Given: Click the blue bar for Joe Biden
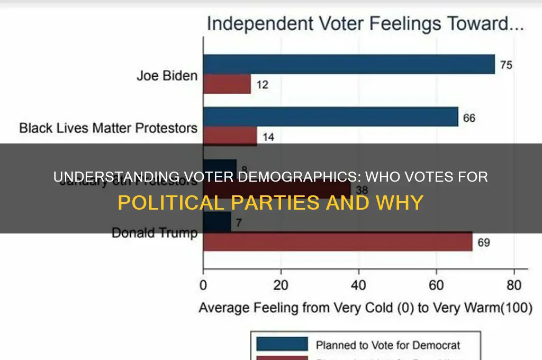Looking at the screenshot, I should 349,64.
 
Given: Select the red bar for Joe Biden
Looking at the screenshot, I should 227,84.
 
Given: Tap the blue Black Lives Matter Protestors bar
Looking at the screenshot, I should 330,117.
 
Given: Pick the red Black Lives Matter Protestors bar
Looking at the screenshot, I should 230,136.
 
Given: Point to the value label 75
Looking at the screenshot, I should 507,66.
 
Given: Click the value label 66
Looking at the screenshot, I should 469,118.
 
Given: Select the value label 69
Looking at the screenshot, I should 483,243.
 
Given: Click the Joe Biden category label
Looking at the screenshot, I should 167,75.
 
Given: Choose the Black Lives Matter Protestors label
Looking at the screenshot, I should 109,128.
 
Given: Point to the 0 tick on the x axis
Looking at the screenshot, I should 203,286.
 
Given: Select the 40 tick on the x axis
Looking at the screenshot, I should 358,286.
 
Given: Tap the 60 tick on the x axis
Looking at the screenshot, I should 436,286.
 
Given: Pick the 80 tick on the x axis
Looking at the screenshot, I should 513,286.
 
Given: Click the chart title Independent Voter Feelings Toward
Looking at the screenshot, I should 365,24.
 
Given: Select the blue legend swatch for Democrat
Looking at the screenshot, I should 282,345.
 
